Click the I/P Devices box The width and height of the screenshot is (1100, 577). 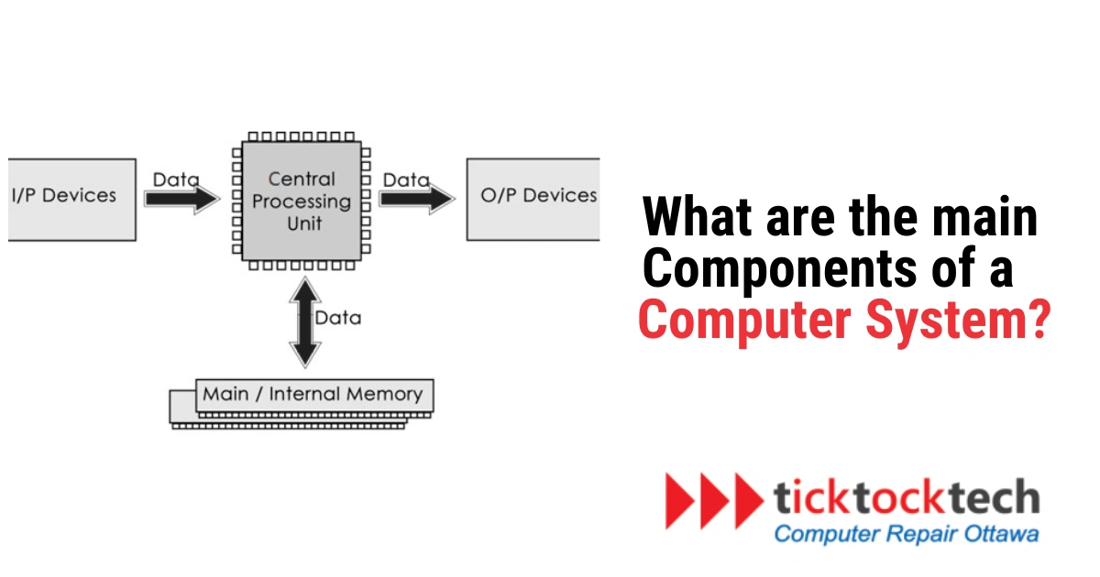click(x=71, y=198)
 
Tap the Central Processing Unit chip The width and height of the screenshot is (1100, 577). click(x=302, y=201)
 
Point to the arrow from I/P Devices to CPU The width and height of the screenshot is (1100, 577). click(x=182, y=200)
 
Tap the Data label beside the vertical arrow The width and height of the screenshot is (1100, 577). click(x=338, y=318)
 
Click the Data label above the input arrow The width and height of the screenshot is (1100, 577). click(x=175, y=180)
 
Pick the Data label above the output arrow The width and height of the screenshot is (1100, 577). click(x=406, y=180)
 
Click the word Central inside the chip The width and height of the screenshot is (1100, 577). click(x=302, y=179)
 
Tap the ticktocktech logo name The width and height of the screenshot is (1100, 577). click(x=906, y=497)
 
